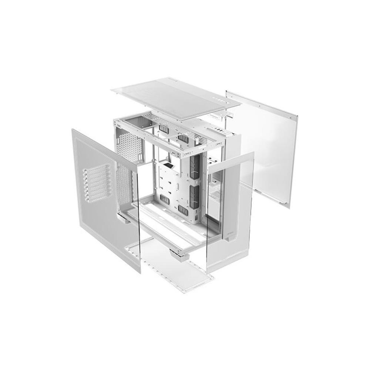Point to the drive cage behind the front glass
pos(215,189)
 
